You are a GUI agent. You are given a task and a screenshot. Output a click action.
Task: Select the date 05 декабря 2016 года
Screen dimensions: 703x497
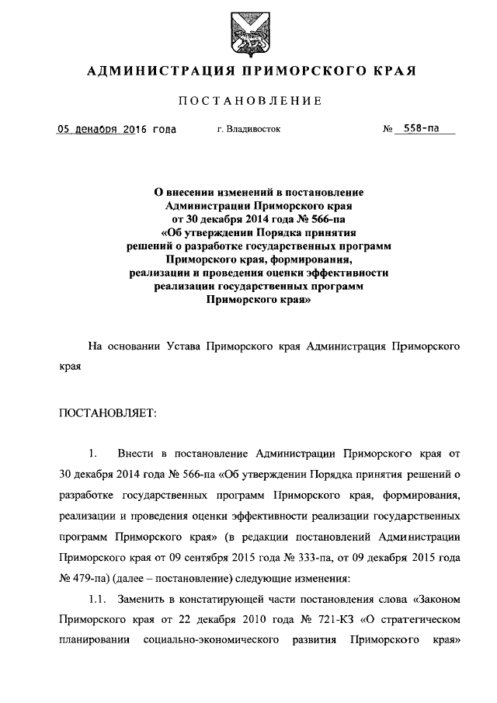116,129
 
